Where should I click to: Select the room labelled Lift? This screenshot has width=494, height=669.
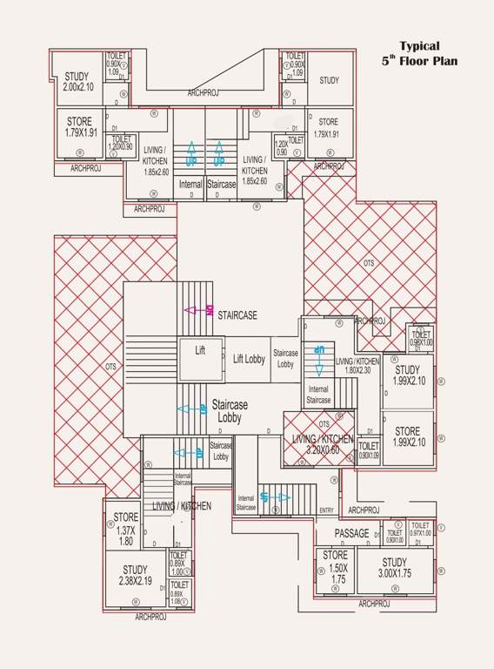pos(199,350)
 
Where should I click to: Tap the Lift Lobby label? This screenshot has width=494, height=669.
pos(249,359)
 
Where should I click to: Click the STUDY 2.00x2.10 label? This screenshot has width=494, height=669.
pos(77,82)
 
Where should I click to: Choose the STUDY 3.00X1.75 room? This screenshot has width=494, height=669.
pos(394,568)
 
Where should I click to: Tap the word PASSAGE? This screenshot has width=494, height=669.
pos(351,533)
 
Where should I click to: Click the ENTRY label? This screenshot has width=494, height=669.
pos(326,510)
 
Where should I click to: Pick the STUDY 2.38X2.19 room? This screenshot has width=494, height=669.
pos(135,576)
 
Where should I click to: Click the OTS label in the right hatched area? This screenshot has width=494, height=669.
pos(369,262)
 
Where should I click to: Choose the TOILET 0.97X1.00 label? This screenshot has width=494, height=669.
pos(420,530)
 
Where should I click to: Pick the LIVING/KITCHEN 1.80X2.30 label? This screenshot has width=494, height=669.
pos(357,365)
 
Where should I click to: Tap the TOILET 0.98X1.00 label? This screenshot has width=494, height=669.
pos(421,338)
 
